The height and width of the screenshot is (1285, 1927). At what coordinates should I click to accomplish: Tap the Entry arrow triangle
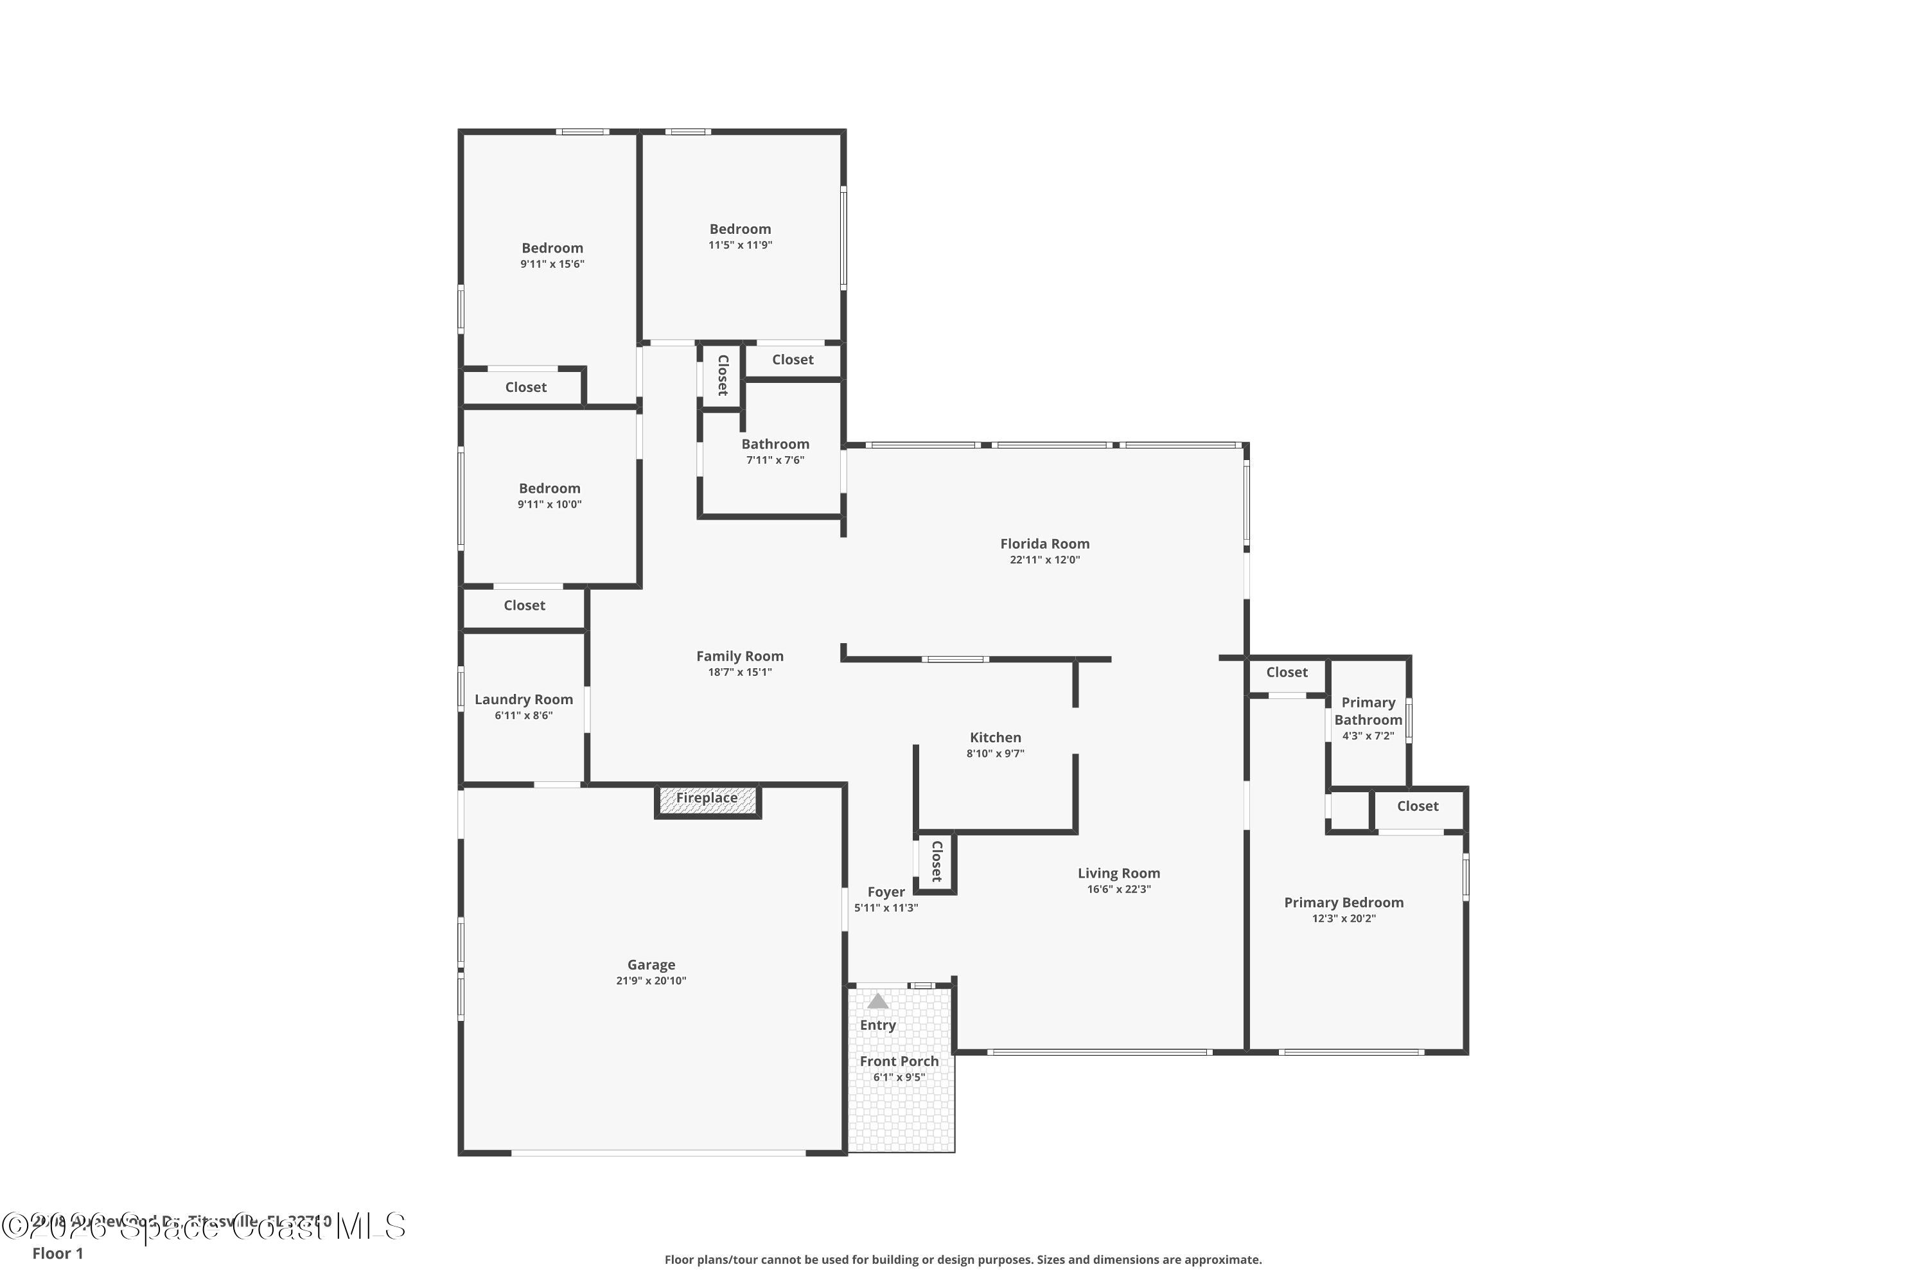point(877,1002)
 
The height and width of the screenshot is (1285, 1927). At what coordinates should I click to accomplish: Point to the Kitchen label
point(996,738)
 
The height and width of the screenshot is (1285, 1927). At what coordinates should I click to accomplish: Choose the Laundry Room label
point(524,700)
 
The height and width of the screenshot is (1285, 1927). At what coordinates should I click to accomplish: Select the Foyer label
point(886,892)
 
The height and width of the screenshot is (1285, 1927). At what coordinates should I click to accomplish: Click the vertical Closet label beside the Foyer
point(937,862)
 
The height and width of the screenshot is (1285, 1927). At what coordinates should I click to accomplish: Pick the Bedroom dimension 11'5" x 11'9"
point(740,245)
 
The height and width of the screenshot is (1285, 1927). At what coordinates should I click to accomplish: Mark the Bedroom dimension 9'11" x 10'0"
point(549,505)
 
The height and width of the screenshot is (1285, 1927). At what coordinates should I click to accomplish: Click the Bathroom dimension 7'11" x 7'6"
point(775,461)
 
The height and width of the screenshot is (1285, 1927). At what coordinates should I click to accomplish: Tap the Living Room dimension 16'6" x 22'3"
point(1118,889)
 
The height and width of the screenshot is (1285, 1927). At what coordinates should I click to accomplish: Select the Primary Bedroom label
point(1344,903)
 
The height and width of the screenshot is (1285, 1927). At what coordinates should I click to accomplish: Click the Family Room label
point(740,657)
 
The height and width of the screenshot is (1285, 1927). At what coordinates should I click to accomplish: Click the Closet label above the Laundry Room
point(524,606)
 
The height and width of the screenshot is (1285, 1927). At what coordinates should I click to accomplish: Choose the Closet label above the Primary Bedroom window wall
point(1418,806)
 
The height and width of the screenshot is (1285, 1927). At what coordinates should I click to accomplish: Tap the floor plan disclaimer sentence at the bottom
point(963,1259)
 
